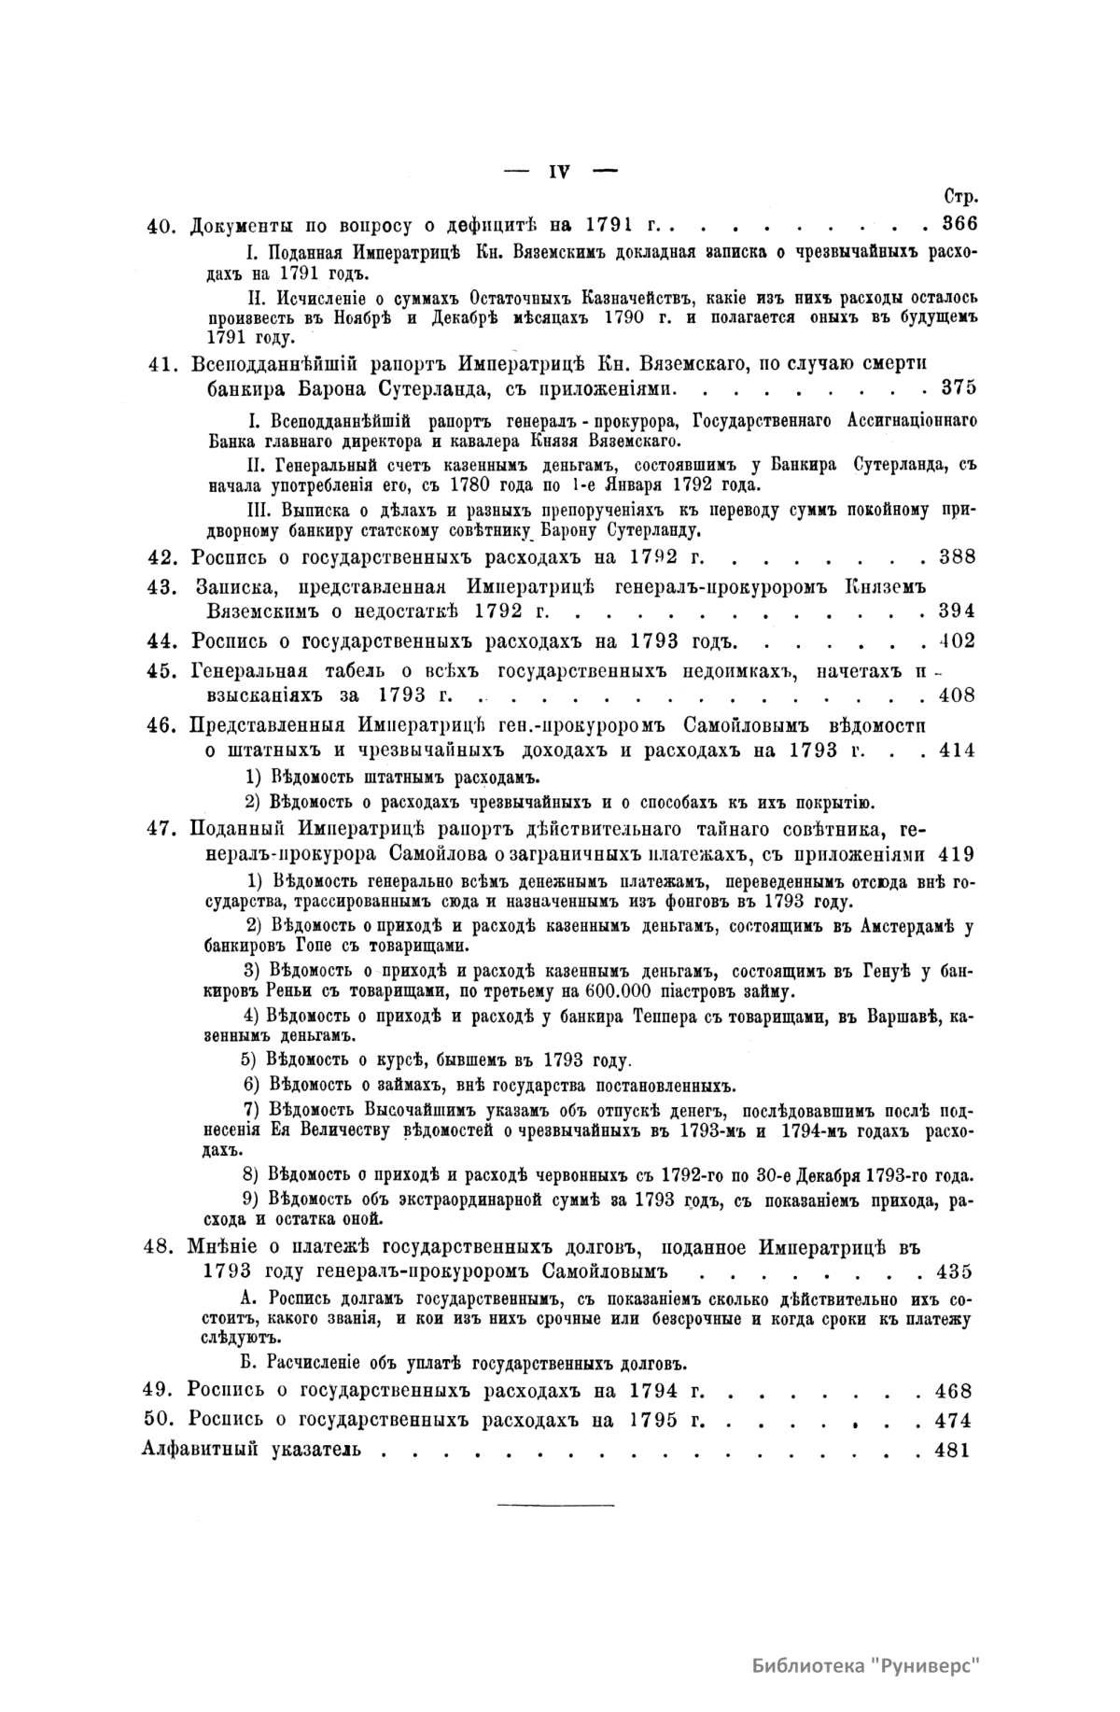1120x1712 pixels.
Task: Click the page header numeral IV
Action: coord(560,172)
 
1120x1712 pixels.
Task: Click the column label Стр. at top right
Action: coord(959,198)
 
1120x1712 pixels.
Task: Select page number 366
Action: coord(959,225)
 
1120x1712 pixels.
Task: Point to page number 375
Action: coord(959,386)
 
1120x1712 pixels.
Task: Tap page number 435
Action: coord(955,1271)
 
